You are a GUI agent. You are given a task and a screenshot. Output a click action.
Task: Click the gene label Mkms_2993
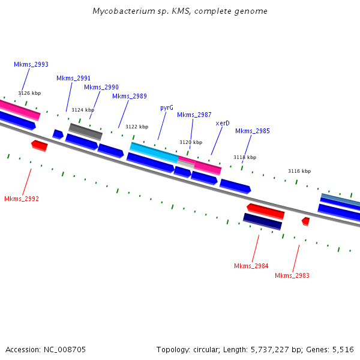[31, 64]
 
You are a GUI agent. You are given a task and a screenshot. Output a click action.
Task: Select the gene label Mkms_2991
[73, 78]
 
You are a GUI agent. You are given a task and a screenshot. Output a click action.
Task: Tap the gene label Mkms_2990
[101, 87]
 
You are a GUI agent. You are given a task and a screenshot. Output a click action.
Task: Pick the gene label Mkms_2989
[129, 96]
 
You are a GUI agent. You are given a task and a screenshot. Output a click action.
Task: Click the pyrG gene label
[166, 107]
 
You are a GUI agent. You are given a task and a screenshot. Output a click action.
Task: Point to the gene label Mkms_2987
[194, 115]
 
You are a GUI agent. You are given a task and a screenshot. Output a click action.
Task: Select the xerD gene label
[222, 123]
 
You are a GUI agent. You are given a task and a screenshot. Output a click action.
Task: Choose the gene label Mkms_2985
[252, 131]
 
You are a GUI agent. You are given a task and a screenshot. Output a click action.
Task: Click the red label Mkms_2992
[21, 199]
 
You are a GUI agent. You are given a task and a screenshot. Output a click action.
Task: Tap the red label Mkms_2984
[251, 266]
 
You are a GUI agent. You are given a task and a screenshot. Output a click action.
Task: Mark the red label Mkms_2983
[292, 275]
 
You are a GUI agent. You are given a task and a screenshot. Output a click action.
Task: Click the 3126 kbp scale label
[29, 93]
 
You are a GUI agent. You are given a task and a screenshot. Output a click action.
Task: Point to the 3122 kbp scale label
[136, 127]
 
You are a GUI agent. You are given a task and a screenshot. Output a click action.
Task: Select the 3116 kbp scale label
[299, 171]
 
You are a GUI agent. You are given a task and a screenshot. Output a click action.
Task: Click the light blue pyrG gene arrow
[154, 152]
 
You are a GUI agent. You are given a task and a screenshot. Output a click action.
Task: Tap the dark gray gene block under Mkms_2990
[85, 130]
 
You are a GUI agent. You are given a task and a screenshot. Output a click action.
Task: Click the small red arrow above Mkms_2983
[305, 221]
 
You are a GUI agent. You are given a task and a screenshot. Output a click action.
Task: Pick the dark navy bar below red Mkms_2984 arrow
[262, 221]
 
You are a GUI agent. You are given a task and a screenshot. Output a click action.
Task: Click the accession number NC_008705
[65, 349]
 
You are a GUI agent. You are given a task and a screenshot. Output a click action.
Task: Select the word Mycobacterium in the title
[120, 11]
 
